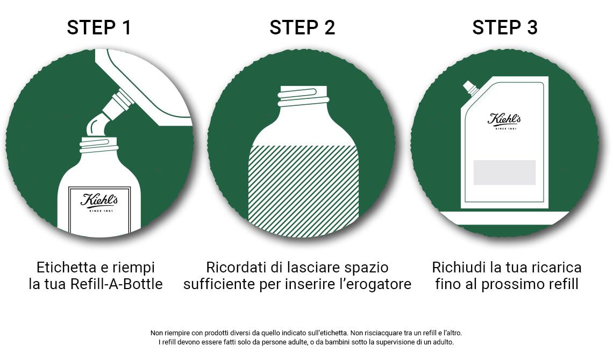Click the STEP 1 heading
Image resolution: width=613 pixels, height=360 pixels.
click(x=99, y=27)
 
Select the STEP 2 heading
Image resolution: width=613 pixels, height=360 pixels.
click(x=302, y=27)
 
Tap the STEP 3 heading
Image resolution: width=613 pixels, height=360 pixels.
click(x=505, y=27)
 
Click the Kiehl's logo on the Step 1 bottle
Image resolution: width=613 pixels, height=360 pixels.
click(x=99, y=200)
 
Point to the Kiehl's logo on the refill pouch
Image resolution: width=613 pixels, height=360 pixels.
click(x=504, y=120)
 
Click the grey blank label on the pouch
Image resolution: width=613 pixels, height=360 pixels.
click(x=504, y=172)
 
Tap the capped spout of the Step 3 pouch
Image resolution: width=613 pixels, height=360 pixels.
click(x=471, y=87)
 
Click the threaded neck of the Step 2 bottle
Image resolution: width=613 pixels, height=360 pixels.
click(x=303, y=97)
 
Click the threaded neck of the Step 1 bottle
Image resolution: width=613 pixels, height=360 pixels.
click(x=99, y=145)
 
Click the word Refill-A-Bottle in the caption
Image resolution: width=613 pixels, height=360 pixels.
click(x=116, y=284)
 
